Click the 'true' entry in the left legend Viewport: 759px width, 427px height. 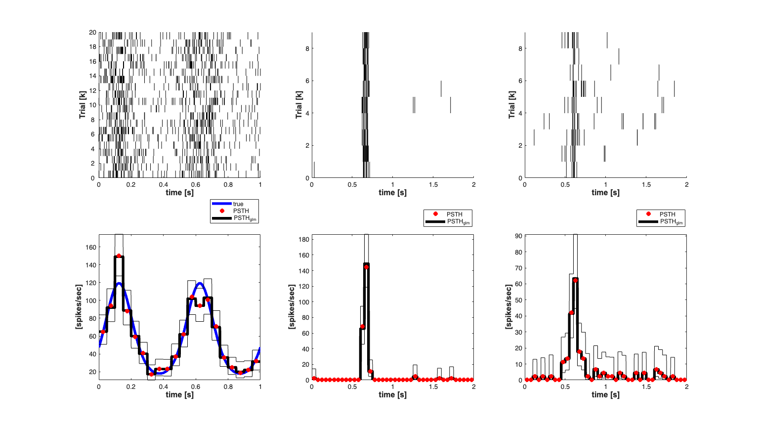click(238, 204)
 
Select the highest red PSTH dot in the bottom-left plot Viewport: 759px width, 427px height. click(119, 256)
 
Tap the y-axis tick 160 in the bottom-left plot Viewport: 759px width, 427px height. click(91, 247)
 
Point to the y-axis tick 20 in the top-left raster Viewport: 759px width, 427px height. click(92, 33)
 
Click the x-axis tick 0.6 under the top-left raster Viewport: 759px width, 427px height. click(196, 185)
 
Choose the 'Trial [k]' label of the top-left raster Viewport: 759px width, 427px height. click(83, 105)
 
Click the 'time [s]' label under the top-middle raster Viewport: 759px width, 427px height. click(392, 193)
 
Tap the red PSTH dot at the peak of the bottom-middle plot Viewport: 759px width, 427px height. click(366, 267)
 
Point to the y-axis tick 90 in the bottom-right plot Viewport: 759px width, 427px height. click(518, 236)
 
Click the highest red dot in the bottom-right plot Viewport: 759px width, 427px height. click(575, 280)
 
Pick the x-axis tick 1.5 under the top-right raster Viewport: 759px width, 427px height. click(646, 185)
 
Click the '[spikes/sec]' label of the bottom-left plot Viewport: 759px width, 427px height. click(79, 307)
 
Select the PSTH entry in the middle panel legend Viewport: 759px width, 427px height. click(454, 214)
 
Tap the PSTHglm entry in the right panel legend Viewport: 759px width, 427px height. click(671, 222)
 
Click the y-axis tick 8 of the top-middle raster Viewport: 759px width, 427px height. click(307, 49)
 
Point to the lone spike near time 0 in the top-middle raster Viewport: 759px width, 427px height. click(314, 170)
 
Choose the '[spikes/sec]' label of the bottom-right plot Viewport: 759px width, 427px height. click(508, 307)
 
